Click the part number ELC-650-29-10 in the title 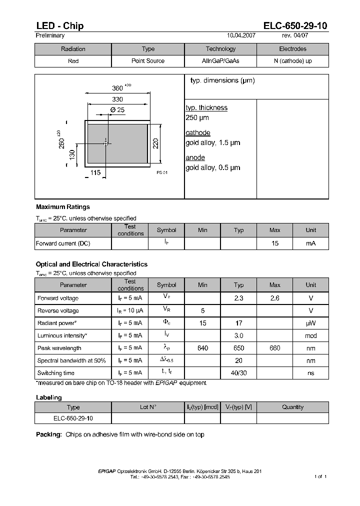point(295,26)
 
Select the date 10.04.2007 point(241,36)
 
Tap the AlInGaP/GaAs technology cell point(220,61)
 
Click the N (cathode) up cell point(292,61)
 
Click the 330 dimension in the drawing point(117,99)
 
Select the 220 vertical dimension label point(156,143)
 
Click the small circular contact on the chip point(105,143)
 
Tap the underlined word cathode point(197,133)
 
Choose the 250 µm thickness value point(197,118)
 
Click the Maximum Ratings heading point(63,206)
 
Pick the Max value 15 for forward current point(274,243)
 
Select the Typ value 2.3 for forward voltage point(238,298)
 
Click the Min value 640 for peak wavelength point(202,348)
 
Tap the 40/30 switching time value point(238,373)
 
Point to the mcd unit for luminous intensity point(310,335)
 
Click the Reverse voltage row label point(58,310)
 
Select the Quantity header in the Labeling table point(292,407)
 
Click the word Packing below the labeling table point(48,434)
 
